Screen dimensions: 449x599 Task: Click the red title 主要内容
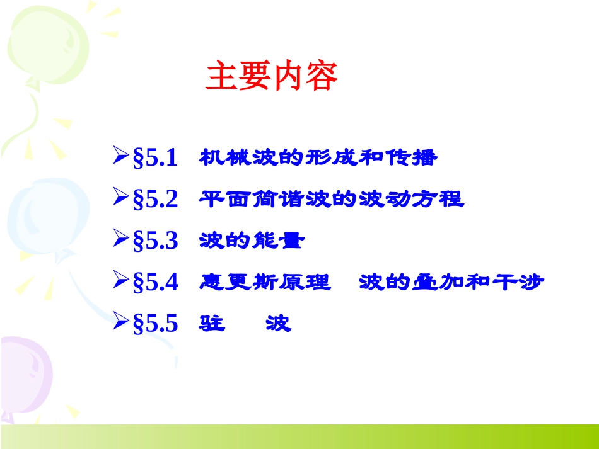272,76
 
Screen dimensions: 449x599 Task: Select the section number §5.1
156,157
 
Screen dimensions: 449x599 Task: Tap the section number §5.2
156,200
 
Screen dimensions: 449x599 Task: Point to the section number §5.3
156,241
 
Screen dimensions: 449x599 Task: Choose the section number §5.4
156,283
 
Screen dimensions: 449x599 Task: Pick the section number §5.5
156,324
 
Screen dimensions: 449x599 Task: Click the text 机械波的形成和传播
318,157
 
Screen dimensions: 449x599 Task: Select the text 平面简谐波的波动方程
331,200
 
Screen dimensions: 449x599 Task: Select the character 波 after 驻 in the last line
278,324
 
